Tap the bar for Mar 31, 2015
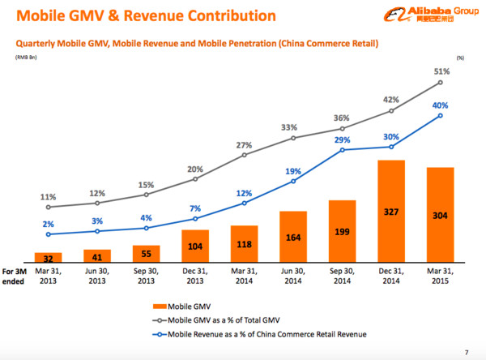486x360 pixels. [x=440, y=214]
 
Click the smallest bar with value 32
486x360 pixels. [x=48, y=256]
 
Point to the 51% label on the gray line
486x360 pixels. [x=441, y=71]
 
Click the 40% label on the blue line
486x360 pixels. [x=441, y=105]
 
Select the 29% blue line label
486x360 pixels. [x=343, y=140]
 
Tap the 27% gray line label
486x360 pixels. [x=245, y=145]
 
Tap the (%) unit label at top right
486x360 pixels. [x=460, y=58]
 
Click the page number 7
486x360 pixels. [x=466, y=351]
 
